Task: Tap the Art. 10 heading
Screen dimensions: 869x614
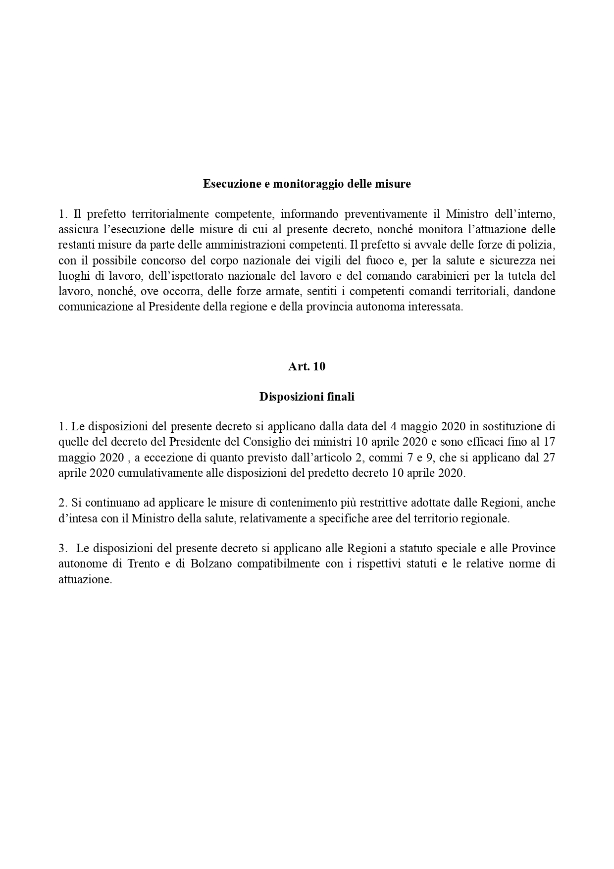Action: point(307,366)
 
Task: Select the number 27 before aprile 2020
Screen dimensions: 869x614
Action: point(549,457)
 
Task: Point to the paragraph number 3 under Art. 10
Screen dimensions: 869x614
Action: point(62,548)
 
